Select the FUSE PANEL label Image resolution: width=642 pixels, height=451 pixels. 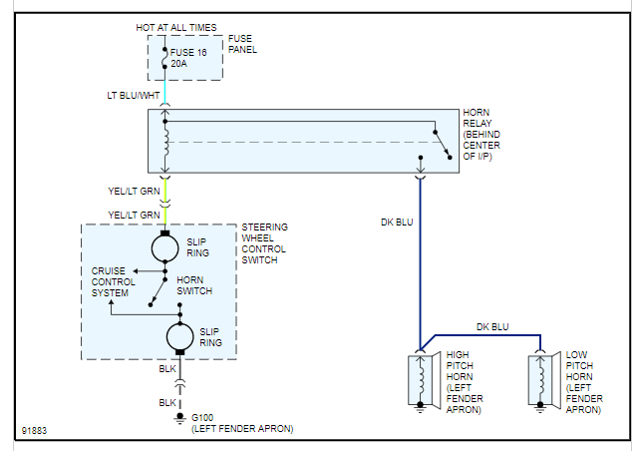click(242, 45)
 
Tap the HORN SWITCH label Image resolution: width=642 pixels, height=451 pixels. click(194, 285)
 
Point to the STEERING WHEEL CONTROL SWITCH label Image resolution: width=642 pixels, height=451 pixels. click(264, 244)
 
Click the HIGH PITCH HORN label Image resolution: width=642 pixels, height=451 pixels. click(466, 382)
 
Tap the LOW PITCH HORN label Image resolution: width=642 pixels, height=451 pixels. click(584, 382)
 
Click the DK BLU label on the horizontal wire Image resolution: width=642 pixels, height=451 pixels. click(492, 326)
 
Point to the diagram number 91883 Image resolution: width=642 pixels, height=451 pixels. click(34, 431)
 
